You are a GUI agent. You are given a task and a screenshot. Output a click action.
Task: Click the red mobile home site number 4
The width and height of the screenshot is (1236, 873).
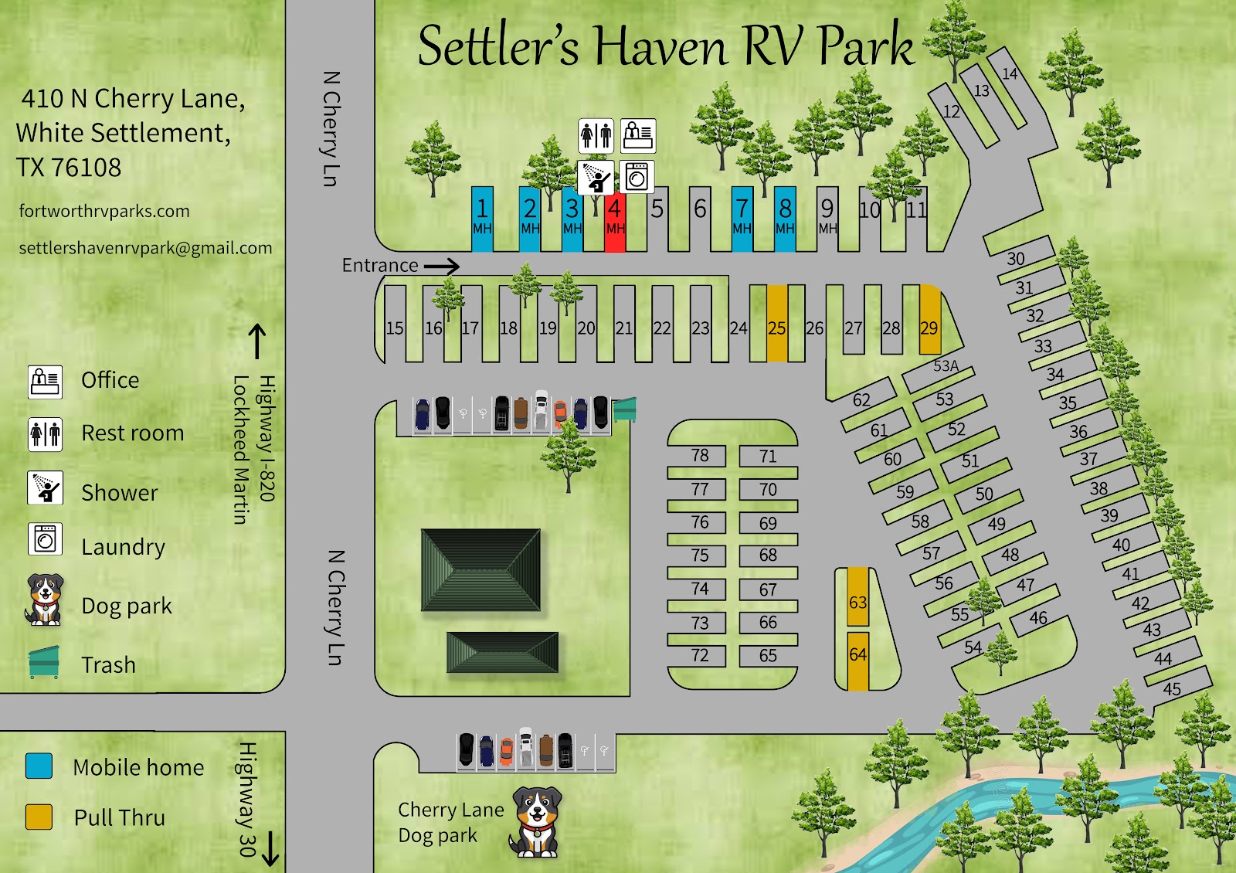pos(615,218)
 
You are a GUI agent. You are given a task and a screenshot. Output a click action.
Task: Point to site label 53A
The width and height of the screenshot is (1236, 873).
pos(946,366)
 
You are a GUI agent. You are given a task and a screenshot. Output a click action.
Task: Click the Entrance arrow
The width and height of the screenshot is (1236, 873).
pos(441,266)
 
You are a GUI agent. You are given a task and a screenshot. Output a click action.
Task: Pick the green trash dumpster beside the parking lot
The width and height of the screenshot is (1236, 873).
pos(624,409)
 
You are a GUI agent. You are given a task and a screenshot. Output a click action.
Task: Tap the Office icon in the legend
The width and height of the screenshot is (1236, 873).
pos(45,382)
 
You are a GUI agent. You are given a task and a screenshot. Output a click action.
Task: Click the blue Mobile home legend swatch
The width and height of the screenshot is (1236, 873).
pos(39,766)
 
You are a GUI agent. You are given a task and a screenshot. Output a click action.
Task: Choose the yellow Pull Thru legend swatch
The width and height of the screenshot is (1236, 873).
pos(39,817)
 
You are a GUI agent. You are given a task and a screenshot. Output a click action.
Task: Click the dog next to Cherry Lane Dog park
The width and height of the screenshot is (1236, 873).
pos(535,822)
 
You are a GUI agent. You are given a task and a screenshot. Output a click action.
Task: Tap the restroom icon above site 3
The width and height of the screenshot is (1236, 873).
pos(596,136)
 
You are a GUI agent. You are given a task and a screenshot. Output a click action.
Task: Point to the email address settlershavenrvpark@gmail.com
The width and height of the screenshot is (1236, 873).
pos(145,248)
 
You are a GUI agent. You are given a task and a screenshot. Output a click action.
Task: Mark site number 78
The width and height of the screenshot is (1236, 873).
pos(700,455)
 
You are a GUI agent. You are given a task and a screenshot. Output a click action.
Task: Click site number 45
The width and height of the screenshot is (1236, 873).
pos(1172,688)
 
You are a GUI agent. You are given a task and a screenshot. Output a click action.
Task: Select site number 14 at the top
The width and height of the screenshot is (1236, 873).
pos(1010,74)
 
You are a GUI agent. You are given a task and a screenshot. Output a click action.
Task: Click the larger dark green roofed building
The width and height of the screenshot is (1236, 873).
pos(480,569)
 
